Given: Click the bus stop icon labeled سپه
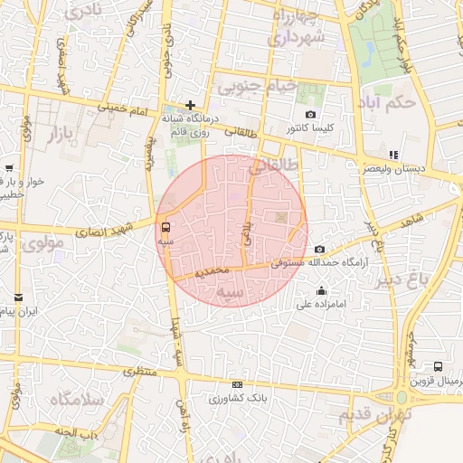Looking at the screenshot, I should click(165, 227).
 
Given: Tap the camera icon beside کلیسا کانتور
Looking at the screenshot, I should click(311, 115).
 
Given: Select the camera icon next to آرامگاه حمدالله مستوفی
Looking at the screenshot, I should click(318, 250).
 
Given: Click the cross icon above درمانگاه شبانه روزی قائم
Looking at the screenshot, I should click(190, 105).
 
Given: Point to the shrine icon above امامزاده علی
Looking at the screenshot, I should click(322, 291).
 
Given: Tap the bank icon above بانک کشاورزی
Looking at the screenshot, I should click(237, 384).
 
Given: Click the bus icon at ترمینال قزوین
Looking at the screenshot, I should click(438, 367).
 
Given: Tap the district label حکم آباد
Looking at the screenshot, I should click(389, 101).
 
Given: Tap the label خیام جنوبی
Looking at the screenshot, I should click(256, 88).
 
